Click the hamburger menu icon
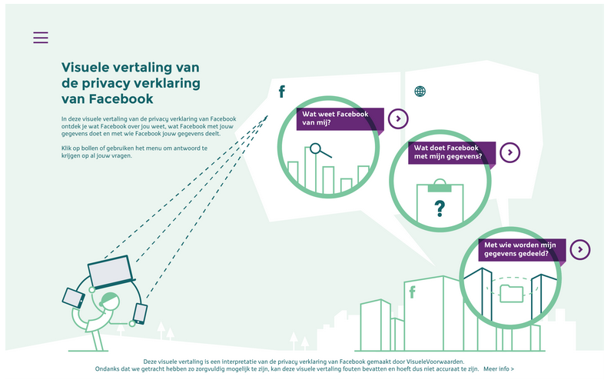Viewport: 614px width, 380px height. (41, 38)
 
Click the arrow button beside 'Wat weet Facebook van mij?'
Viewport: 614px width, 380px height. (397, 118)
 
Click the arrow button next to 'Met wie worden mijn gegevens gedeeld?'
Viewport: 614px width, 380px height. (581, 249)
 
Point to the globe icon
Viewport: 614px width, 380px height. (420, 92)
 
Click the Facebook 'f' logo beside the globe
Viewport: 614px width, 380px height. (281, 92)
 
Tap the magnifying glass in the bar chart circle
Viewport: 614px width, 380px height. (317, 151)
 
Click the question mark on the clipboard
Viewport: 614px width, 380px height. (440, 207)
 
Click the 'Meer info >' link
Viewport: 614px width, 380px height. (499, 369)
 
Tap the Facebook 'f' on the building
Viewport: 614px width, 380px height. (412, 292)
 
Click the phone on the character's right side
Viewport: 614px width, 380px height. (140, 313)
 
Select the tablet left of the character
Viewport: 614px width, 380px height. (74, 298)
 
